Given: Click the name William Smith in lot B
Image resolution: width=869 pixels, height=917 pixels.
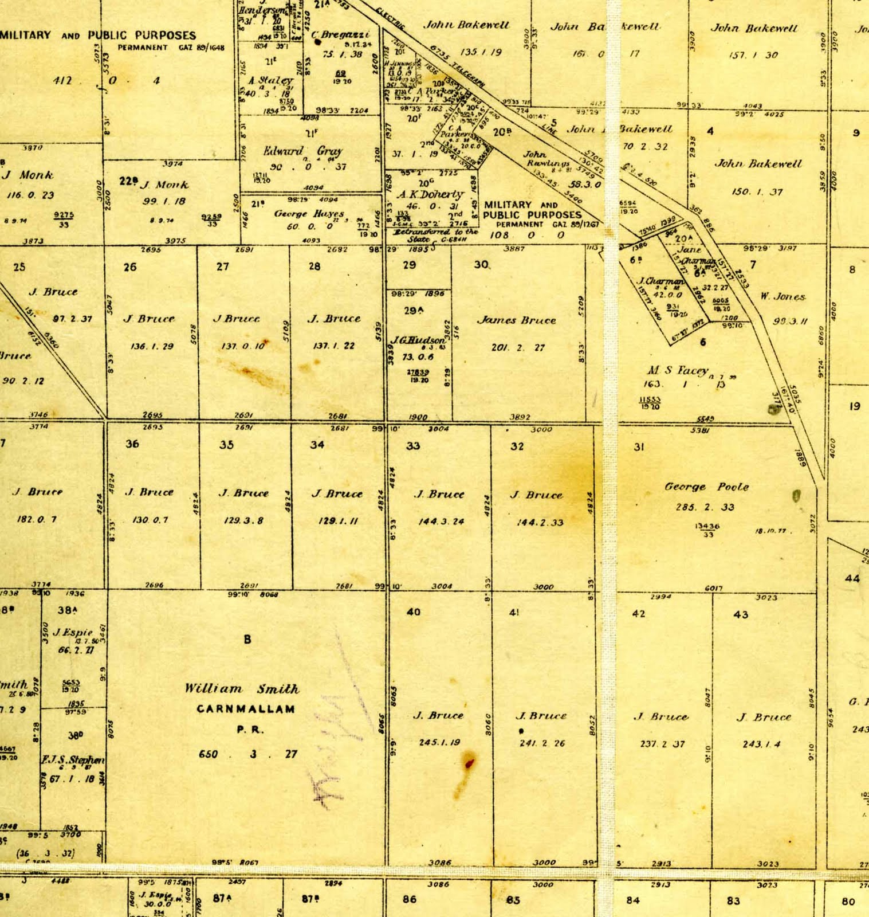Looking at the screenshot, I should click(241, 689).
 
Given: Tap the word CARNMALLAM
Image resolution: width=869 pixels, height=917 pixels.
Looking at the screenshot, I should click(246, 709).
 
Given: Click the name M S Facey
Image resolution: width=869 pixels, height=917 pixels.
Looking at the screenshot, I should click(678, 370).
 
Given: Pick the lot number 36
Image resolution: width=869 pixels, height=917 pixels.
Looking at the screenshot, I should click(132, 444).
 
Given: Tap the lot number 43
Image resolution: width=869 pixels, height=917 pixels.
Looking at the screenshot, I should click(741, 614).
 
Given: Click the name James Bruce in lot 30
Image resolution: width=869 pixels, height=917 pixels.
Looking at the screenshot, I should click(516, 320).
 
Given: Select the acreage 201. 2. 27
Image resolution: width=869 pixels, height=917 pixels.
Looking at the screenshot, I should click(518, 347).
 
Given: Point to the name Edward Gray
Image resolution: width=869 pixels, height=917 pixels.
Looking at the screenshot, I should click(302, 151).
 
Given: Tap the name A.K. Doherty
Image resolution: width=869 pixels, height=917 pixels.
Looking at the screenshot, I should click(430, 194).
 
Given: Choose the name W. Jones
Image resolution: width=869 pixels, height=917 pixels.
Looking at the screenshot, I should click(783, 296).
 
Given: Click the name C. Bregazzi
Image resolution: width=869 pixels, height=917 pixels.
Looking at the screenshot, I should click(341, 35).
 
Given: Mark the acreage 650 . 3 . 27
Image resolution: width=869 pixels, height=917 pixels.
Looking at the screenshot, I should click(248, 754).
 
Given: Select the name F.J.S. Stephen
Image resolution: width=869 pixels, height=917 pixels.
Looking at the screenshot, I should click(73, 760).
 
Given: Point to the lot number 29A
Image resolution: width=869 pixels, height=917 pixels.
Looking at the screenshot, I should click(413, 310).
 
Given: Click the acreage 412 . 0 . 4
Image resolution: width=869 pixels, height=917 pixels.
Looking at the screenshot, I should click(107, 81).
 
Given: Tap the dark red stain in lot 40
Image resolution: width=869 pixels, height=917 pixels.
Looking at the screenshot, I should click(469, 763).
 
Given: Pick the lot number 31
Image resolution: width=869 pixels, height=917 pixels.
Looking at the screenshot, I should click(639, 447).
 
